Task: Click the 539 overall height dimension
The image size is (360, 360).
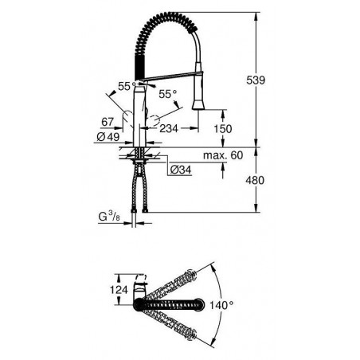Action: (x=256, y=80)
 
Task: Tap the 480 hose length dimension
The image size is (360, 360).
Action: (x=255, y=180)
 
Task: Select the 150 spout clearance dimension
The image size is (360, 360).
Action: (x=223, y=129)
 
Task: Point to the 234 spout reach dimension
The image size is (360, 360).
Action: (x=169, y=128)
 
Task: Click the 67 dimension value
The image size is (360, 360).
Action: (x=108, y=122)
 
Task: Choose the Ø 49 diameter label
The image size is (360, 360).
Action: (x=108, y=137)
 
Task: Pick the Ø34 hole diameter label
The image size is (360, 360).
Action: (x=181, y=170)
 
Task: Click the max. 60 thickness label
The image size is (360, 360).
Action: (x=223, y=155)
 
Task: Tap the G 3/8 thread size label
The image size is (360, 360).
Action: (x=109, y=217)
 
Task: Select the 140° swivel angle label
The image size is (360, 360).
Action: (x=221, y=305)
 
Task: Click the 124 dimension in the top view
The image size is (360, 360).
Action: (x=119, y=289)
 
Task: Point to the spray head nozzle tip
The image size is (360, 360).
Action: (x=198, y=108)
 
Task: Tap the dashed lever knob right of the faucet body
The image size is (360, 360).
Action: (x=154, y=121)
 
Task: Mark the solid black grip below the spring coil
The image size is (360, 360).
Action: (x=139, y=67)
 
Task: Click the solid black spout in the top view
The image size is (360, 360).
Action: (x=169, y=304)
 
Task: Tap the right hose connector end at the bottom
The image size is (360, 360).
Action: (x=145, y=211)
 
